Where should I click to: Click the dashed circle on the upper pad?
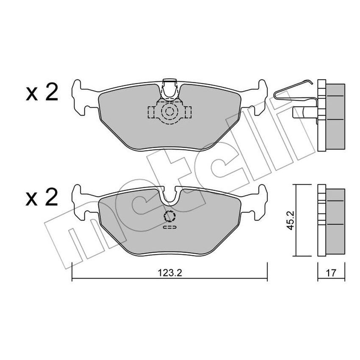pos(169,112)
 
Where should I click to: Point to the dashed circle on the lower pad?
pos(169,216)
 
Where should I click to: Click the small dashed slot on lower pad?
pos(169,227)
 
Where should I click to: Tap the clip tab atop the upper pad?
pos(169,87)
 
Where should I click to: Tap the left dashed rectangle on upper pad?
pos(152,112)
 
